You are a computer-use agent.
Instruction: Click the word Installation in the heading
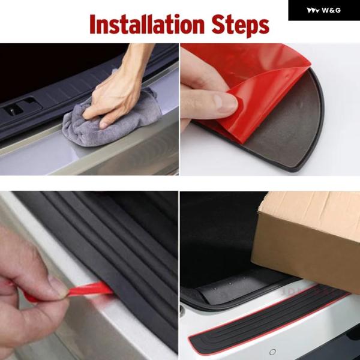(147, 25)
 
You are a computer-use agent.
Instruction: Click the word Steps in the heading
(240, 25)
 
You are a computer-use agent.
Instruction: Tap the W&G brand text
(331, 10)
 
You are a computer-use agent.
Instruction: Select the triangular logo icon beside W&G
(313, 10)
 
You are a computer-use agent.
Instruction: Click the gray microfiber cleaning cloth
(110, 122)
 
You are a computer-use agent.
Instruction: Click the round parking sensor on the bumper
(272, 352)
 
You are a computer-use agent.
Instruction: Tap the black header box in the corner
(324, 10)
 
